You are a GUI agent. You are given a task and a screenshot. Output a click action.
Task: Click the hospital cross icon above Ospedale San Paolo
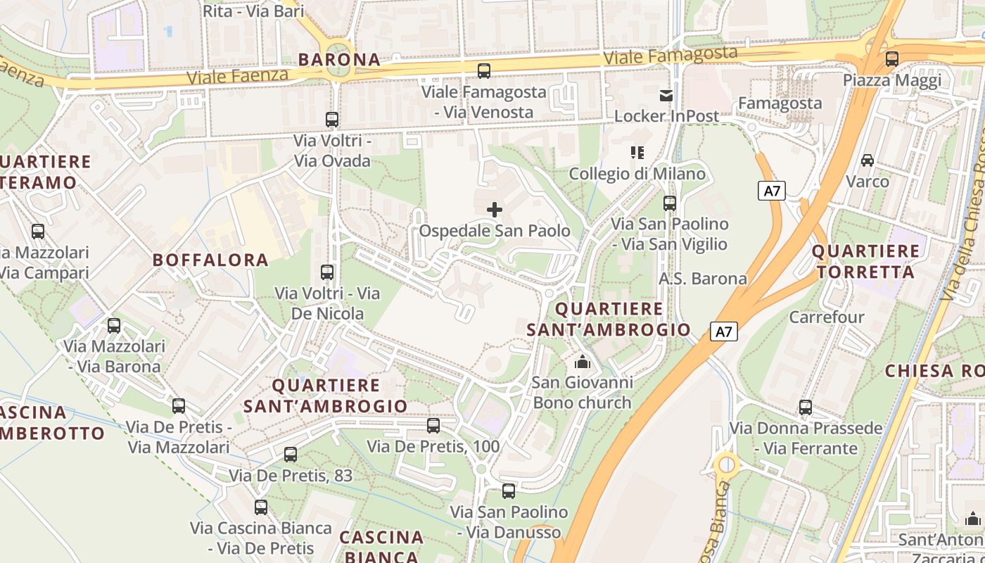click(x=495, y=209)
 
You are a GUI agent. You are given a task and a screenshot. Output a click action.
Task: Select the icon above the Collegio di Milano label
click(x=637, y=153)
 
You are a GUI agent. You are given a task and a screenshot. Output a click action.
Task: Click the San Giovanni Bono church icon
click(x=582, y=362)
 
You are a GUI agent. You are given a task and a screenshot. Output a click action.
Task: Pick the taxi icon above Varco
click(x=868, y=160)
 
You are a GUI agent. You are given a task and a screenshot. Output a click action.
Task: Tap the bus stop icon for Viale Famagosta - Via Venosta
click(x=484, y=70)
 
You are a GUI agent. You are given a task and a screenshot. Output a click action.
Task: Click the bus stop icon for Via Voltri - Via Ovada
click(x=332, y=120)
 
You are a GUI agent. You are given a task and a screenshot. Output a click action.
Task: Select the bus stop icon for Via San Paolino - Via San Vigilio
click(x=670, y=203)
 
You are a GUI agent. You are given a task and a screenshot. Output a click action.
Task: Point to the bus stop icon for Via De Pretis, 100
click(x=433, y=425)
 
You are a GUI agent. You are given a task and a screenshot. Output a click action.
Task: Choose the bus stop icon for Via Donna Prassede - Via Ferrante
click(x=806, y=407)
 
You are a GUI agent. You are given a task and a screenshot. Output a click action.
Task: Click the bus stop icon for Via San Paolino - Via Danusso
click(x=509, y=491)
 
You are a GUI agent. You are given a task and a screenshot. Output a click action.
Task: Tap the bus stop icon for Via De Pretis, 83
click(x=291, y=455)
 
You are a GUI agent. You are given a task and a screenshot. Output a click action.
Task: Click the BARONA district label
click(x=339, y=60)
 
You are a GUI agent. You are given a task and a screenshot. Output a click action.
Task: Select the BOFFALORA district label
click(x=211, y=260)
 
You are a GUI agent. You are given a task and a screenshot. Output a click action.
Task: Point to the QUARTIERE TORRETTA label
click(x=865, y=261)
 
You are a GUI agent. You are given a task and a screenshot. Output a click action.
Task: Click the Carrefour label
click(x=827, y=317)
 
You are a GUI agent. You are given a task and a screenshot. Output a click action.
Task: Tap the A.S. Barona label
click(x=703, y=279)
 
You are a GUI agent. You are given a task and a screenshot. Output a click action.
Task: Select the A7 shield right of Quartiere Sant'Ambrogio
click(x=724, y=331)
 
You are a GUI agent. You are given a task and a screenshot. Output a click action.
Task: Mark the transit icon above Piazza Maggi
click(x=892, y=59)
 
